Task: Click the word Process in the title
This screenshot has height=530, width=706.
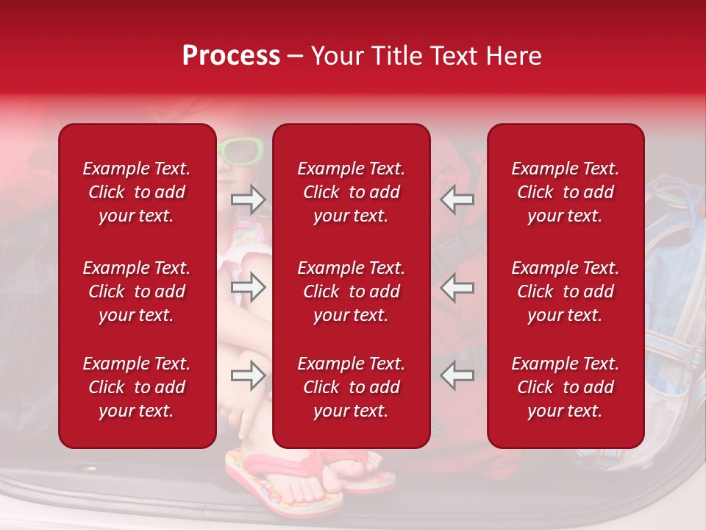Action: pos(231,56)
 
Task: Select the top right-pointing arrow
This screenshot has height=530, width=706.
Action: pos(248,199)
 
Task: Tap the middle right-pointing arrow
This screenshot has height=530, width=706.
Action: pos(248,287)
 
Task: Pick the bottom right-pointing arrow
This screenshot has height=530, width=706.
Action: pos(248,375)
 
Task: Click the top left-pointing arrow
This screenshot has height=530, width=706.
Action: pos(457,199)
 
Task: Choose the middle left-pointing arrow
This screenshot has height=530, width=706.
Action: pos(457,287)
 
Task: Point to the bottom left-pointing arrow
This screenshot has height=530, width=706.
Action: pos(457,375)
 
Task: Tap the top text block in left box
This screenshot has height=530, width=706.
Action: pos(137,192)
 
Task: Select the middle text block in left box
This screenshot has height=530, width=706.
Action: pos(137,291)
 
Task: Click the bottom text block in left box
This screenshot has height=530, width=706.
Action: pos(137,387)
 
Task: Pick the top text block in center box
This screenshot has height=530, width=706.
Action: pos(352,192)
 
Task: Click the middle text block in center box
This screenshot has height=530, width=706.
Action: pos(352,291)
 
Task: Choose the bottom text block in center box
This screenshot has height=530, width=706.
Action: pos(352,387)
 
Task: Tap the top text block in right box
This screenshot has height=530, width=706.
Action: pos(566,192)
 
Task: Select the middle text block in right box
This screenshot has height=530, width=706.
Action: pos(566,291)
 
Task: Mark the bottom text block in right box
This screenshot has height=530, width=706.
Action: pos(566,387)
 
